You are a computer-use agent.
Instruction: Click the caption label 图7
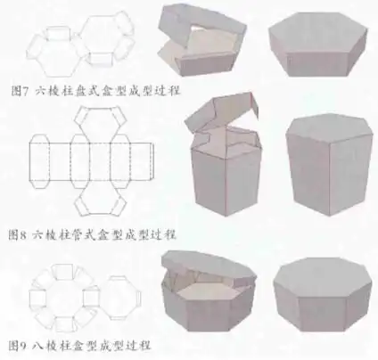tap(19, 91)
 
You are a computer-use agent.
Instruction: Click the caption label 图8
tap(19, 235)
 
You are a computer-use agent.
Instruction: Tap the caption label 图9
tap(19, 343)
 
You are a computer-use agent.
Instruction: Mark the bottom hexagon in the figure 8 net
tap(94, 198)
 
